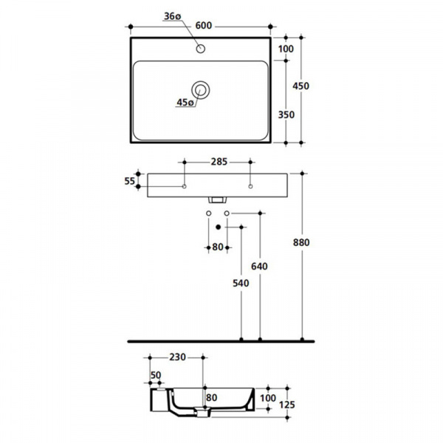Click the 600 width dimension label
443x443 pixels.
point(204,26)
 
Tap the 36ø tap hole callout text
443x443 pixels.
point(172,16)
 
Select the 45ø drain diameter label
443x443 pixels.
point(185,103)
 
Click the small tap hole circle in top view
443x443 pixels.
point(201,49)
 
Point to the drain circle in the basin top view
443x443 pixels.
point(201,89)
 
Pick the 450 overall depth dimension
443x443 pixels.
point(301,86)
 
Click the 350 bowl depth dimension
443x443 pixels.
point(286,114)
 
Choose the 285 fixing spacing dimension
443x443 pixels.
point(219,162)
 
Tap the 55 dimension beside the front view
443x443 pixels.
point(130,181)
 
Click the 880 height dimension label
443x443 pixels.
point(301,242)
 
